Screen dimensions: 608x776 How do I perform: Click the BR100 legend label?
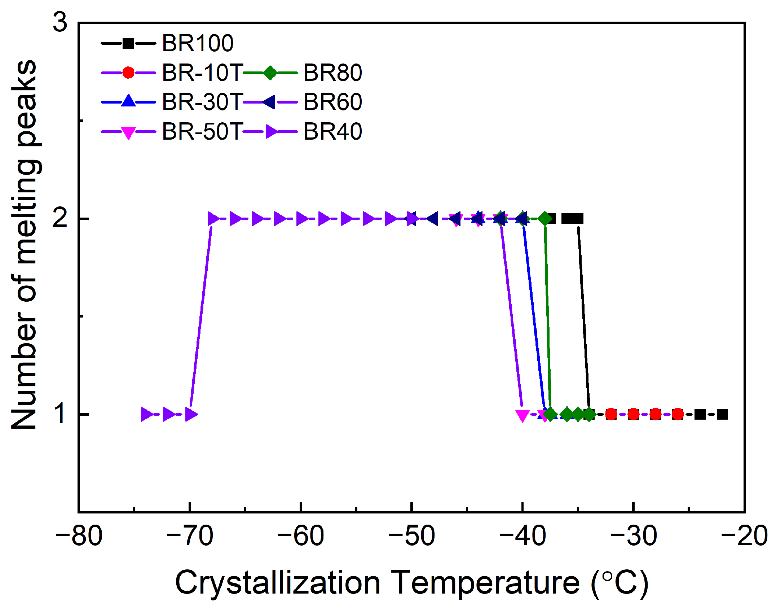(198, 43)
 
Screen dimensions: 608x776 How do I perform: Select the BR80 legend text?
(332, 73)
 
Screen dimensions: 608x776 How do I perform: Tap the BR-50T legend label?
(202, 131)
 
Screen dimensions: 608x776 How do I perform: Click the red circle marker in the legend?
(128, 73)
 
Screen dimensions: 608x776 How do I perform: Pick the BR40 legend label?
(332, 131)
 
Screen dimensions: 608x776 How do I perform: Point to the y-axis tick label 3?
(60, 22)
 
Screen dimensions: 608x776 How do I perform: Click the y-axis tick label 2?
(60, 218)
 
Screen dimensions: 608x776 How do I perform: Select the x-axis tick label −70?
(190, 536)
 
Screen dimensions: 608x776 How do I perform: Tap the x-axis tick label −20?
(744, 536)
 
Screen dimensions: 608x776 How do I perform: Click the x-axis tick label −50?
(411, 536)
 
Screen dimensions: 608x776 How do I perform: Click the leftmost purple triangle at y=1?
(147, 414)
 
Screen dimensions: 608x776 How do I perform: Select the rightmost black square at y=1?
(722, 414)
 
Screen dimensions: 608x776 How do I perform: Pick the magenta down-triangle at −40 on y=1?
(522, 415)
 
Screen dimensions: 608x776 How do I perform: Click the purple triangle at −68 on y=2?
(213, 219)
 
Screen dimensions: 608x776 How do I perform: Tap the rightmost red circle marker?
(678, 414)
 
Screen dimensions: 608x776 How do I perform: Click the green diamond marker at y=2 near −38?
(545, 219)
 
